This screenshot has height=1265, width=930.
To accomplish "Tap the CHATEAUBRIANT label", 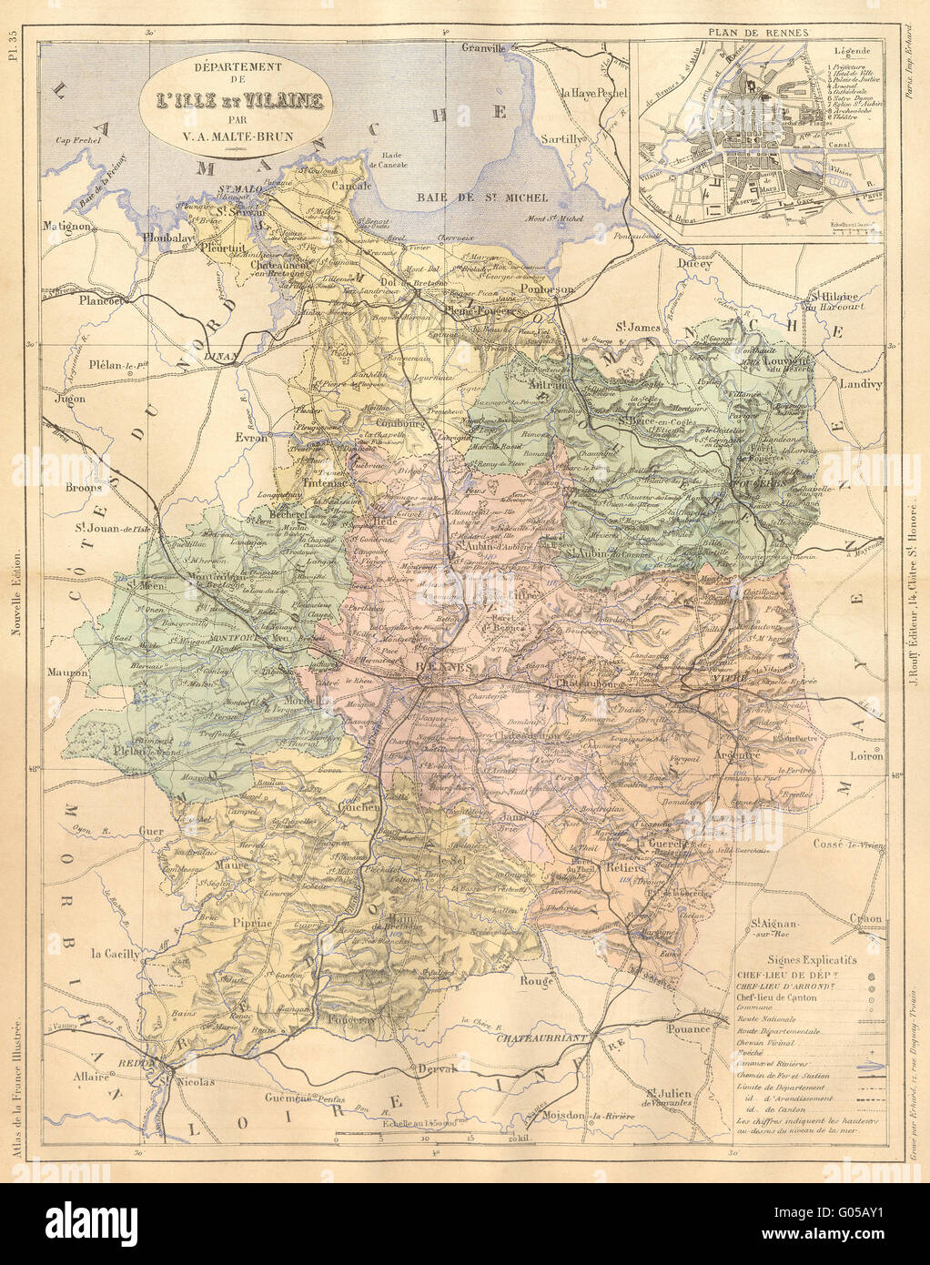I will pos(543,1037).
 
